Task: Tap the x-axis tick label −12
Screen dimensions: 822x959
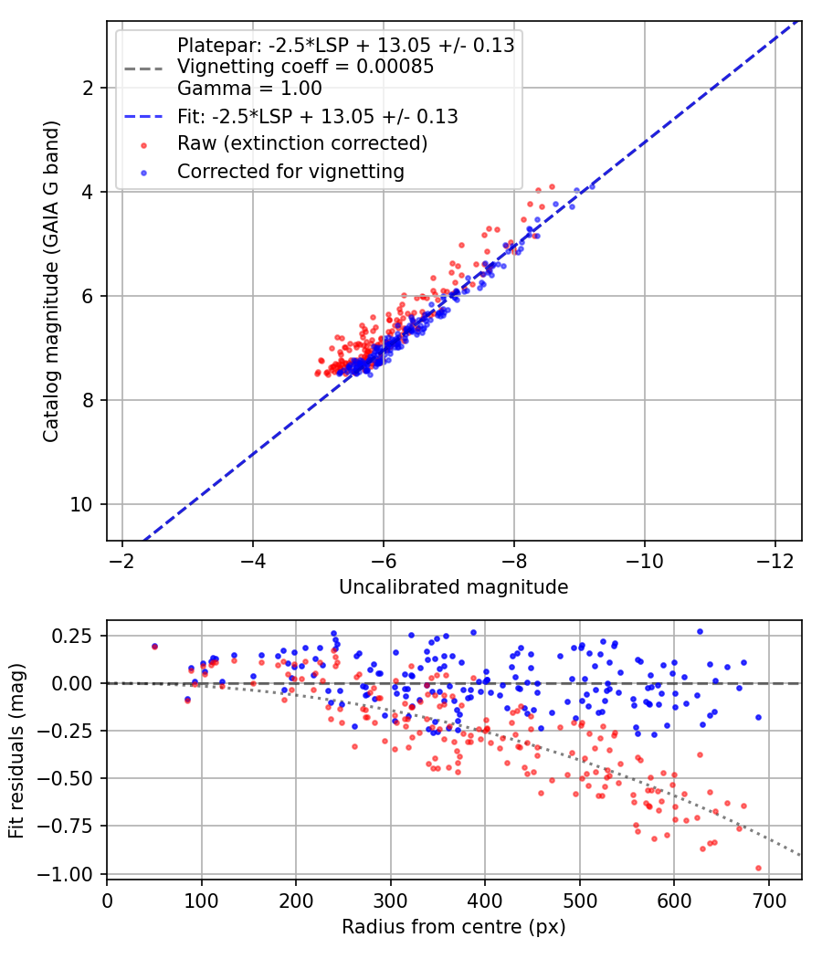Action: click(775, 561)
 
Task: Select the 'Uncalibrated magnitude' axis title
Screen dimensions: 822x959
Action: click(454, 587)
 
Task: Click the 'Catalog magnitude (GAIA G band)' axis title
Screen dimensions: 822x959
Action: click(51, 281)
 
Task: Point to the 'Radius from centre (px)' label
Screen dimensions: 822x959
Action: click(454, 927)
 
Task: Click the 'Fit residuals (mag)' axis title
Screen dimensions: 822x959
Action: click(16, 751)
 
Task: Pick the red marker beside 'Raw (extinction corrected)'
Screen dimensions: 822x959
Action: click(143, 145)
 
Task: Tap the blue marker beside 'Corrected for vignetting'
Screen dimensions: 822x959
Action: click(143, 174)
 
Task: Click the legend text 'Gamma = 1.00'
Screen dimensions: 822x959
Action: click(249, 89)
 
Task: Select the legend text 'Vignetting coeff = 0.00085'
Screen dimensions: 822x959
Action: click(306, 67)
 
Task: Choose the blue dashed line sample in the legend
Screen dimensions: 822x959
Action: click(143, 116)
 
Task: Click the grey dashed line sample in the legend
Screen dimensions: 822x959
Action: click(143, 68)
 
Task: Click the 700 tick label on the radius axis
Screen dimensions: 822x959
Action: click(768, 901)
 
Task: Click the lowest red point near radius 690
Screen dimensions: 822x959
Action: click(758, 868)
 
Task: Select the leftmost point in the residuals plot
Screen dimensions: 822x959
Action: click(154, 647)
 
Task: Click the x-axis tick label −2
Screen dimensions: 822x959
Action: click(122, 561)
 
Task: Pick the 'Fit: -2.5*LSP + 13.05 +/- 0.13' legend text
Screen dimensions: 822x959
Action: click(318, 117)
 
